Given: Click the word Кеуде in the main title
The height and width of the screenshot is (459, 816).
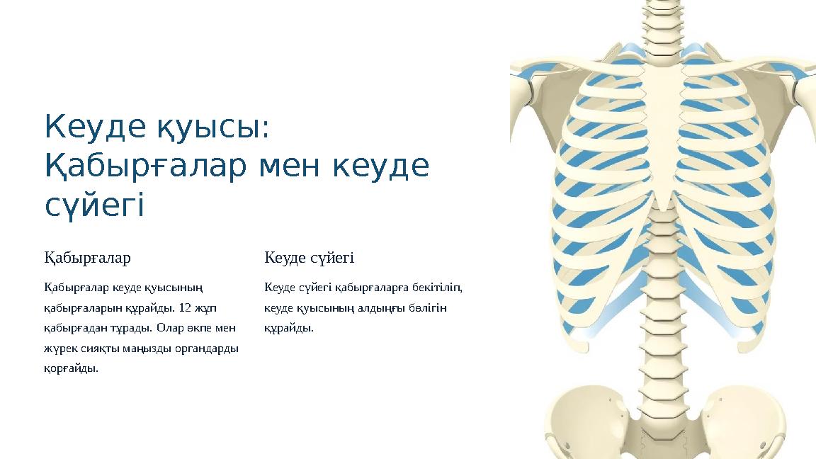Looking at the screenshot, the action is pyautogui.click(x=95, y=127).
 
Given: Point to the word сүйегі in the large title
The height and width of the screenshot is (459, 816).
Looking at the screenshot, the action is pyautogui.click(x=94, y=205).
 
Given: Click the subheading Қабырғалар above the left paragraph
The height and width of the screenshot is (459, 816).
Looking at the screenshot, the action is pyautogui.click(x=87, y=258).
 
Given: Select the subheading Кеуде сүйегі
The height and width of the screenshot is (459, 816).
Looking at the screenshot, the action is pyautogui.click(x=309, y=258).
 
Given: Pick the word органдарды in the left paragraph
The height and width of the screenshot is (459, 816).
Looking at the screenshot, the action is pyautogui.click(x=207, y=348).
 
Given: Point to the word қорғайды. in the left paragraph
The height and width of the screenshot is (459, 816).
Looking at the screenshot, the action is pyautogui.click(x=72, y=369).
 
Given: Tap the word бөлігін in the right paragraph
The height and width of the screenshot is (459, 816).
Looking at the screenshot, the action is pyautogui.click(x=428, y=308).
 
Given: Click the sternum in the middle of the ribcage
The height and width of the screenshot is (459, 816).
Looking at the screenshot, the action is pyautogui.click(x=664, y=135).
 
